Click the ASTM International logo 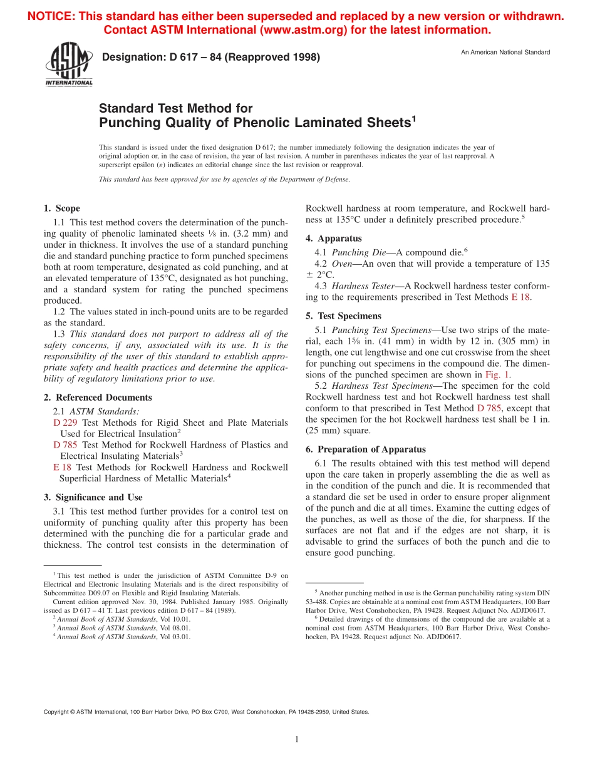tap(68, 65)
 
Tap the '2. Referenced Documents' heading tap(98, 398)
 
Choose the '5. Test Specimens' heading tap(343, 316)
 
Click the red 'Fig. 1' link tap(498, 376)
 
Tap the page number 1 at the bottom tap(297, 739)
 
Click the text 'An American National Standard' tap(505, 52)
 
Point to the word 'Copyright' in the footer tap(57, 712)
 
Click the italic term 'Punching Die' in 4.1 tap(350, 252)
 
